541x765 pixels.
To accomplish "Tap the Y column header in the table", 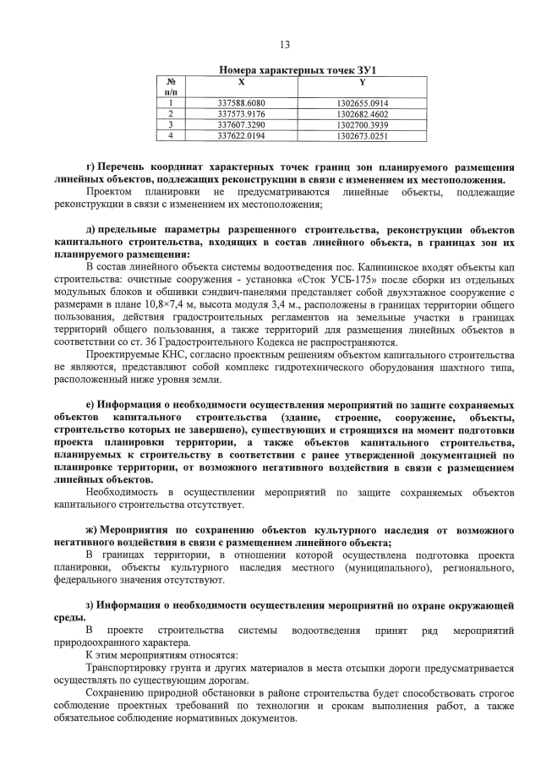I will tap(362, 82).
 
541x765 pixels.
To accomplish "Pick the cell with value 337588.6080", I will tap(242, 103).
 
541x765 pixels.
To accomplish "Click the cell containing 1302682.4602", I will tap(362, 113).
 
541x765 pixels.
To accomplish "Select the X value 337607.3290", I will tap(242, 123).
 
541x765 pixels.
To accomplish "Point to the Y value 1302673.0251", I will tap(362, 134).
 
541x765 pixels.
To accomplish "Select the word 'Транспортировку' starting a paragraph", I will tap(128, 668).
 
